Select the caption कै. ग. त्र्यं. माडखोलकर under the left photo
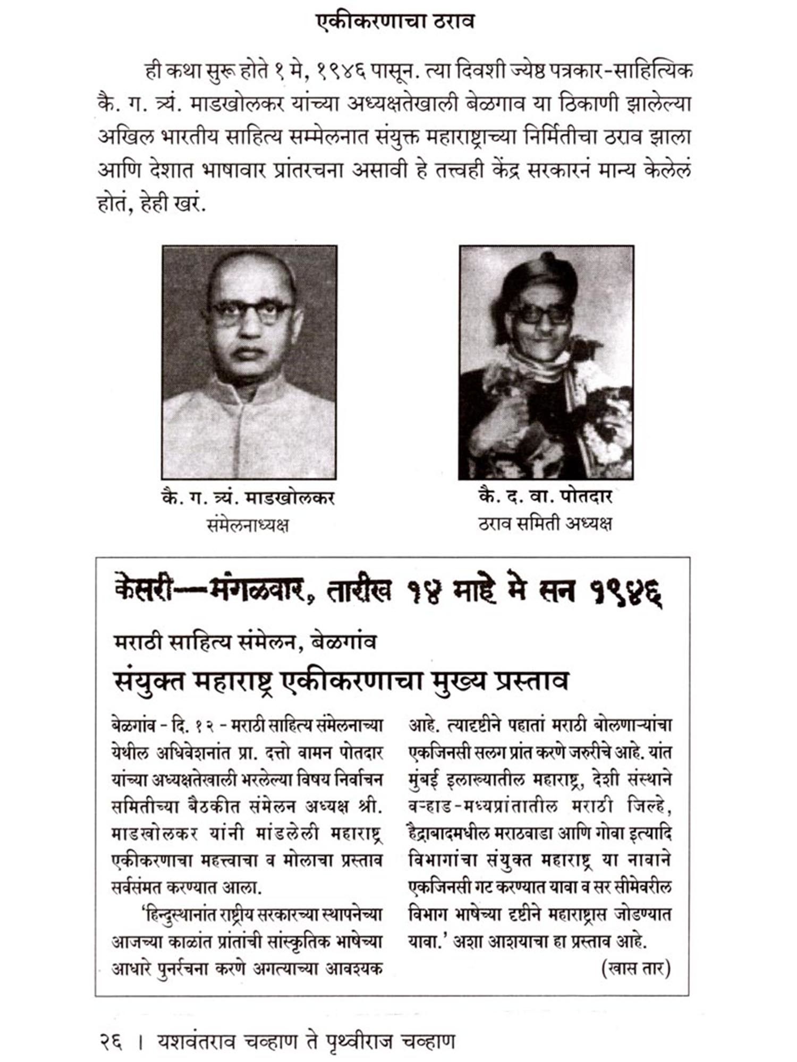point(248,499)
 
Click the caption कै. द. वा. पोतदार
point(545,497)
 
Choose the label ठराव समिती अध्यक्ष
point(545,524)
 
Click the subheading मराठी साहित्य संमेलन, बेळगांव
point(245,642)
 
